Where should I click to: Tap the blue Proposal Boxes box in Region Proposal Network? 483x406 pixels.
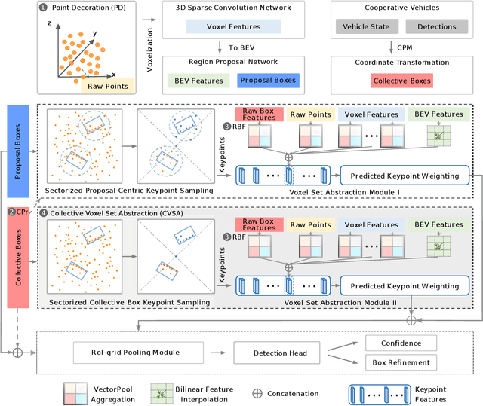coord(266,81)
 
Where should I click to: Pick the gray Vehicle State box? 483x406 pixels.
coord(366,26)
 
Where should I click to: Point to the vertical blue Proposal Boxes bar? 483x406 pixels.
coord(19,143)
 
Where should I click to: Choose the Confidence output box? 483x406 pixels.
coord(400,343)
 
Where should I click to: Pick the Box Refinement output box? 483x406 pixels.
coord(400,362)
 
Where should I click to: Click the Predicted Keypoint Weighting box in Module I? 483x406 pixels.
coord(404,175)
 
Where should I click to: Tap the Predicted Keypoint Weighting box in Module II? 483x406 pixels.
coord(404,285)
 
